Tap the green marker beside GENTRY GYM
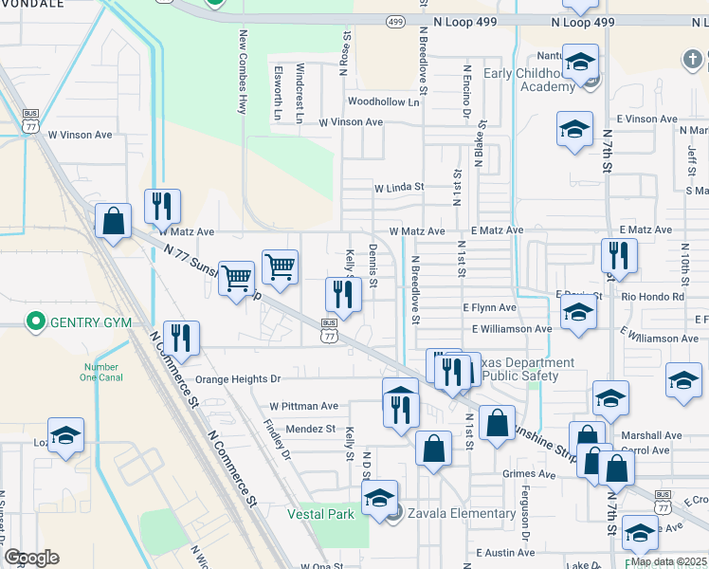(37, 322)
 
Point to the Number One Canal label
(101, 373)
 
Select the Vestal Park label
(320, 514)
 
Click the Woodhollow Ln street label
(383, 101)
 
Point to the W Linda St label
(398, 188)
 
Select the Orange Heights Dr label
(238, 379)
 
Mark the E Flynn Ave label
(489, 307)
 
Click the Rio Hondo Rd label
(653, 296)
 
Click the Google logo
(31, 558)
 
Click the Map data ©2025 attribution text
(668, 561)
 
